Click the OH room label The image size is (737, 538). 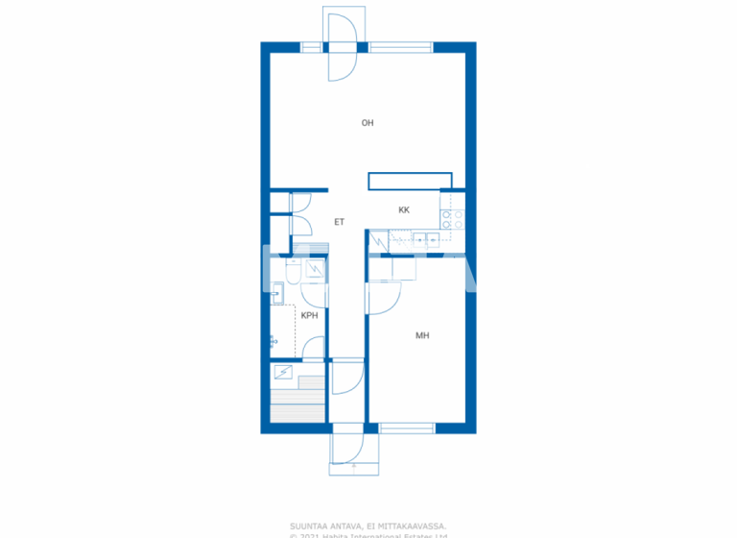pos(367,123)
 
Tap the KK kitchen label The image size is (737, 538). pos(404,209)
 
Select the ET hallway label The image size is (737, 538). pos(339,222)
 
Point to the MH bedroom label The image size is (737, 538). pos(422,335)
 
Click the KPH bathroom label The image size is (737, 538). pos(309,315)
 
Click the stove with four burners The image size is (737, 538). pos(453,219)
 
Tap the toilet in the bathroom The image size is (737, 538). pos(315,271)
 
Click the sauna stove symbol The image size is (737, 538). pos(284,371)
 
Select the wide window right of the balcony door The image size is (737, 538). pos(401,46)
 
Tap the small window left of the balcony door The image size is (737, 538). pos(311,46)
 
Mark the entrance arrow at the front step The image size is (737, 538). pos(355,467)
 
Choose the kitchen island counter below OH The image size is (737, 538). pos(410,181)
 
